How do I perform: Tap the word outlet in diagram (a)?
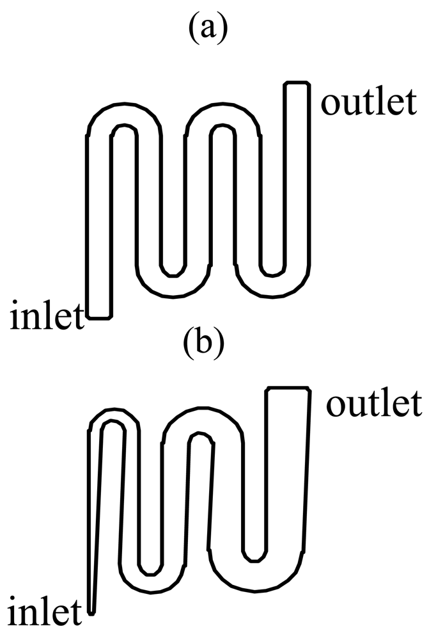click(368, 103)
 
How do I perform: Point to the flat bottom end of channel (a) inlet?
click(99, 317)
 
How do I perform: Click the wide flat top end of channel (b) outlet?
click(288, 388)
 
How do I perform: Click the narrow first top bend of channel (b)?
click(113, 415)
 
